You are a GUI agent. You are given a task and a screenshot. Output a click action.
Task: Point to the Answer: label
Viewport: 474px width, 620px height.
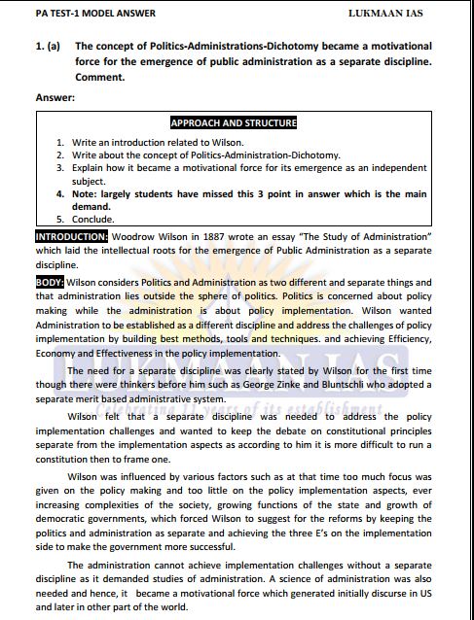[55, 97]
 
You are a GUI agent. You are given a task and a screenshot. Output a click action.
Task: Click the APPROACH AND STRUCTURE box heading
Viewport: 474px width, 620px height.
[234, 123]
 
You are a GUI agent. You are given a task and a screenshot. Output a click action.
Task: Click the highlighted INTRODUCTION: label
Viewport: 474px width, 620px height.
[72, 236]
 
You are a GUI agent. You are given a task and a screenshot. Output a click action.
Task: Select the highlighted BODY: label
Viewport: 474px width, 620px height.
[51, 282]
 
